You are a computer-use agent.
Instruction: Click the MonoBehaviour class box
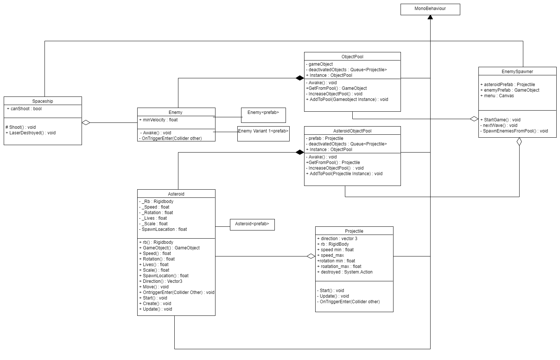click(430, 9)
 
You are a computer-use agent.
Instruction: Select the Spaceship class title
click(43, 101)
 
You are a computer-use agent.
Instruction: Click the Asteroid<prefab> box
click(252, 224)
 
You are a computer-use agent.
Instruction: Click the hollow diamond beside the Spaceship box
click(86, 122)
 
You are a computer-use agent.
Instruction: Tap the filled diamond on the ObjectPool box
click(300, 78)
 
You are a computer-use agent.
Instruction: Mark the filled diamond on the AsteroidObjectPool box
click(300, 152)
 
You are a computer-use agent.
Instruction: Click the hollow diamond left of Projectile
click(311, 256)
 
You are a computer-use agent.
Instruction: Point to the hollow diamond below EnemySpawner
click(519, 142)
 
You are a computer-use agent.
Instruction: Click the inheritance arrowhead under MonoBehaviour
click(430, 17)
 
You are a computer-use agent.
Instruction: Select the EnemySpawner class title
click(517, 72)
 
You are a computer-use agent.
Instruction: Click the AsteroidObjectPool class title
click(352, 131)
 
